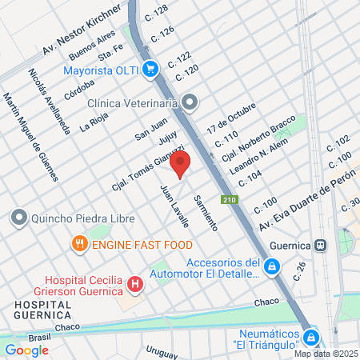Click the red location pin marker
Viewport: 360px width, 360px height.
[x=181, y=164]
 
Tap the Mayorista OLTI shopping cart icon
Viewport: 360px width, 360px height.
[x=149, y=69]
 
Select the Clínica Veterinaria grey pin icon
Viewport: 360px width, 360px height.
[x=190, y=102]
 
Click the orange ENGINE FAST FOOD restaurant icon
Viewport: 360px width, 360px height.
[x=78, y=243]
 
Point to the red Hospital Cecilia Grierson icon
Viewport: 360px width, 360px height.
[x=135, y=282]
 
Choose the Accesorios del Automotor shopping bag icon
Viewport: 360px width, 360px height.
[x=273, y=266]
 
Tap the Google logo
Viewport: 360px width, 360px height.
[x=26, y=350]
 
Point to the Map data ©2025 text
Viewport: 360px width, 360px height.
[x=326, y=354]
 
